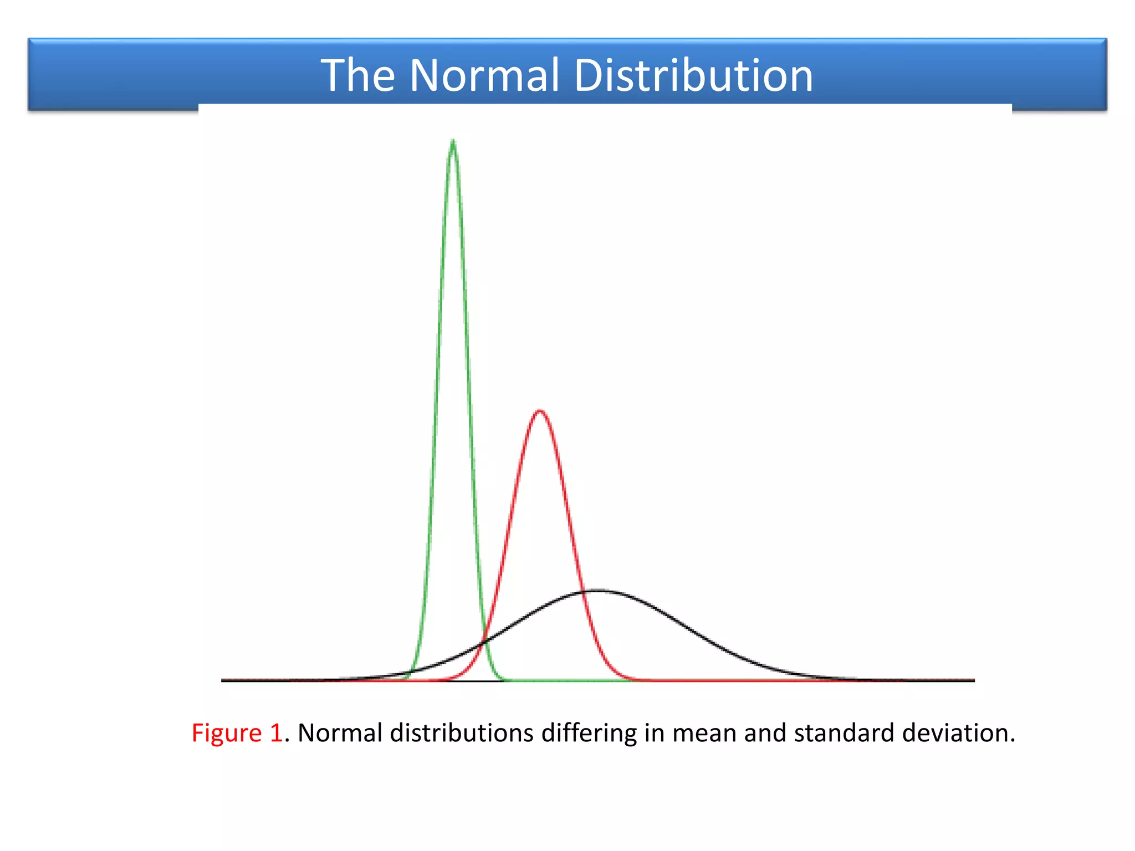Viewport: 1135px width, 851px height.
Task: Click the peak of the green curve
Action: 453,141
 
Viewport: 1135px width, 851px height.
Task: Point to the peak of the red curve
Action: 540,411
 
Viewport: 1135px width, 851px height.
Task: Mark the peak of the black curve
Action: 599,591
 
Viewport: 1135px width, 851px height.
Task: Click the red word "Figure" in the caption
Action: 226,733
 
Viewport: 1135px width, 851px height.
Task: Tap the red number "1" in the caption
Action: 276,733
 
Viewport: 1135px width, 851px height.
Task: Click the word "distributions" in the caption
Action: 462,733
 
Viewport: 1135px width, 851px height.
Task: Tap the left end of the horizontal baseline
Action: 222,680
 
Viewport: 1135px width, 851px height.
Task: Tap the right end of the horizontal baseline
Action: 974,680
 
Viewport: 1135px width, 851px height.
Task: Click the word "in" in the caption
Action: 654,733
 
